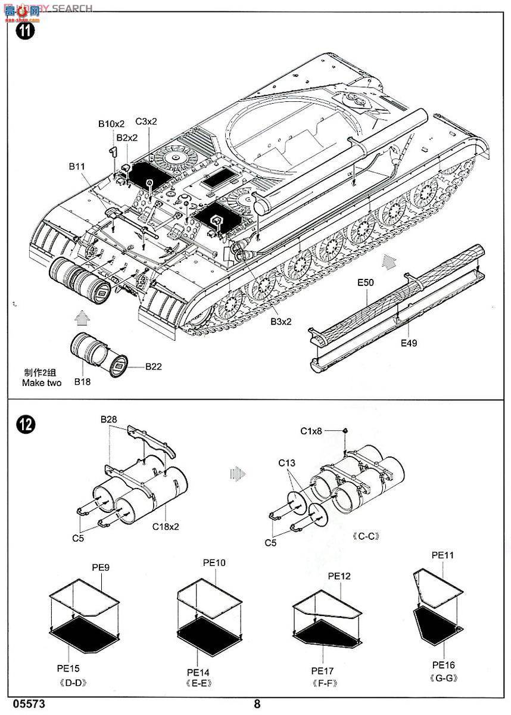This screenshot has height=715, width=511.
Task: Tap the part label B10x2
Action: pos(111,124)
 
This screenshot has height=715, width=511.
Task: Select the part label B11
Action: pos(77,166)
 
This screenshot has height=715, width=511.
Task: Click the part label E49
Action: pos(409,343)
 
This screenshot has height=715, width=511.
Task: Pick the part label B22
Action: pos(153,366)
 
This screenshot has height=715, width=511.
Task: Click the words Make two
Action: pos(42,383)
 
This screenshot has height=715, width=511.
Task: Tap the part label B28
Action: pos(109,420)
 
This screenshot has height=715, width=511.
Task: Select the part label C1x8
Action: pos(310,431)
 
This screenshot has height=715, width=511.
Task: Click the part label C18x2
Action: pos(166,526)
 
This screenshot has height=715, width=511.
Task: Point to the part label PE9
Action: pos(101,568)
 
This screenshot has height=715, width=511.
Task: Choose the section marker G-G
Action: pos(443,678)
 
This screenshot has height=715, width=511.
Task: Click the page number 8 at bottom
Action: pos(257,704)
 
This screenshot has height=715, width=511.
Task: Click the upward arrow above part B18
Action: pos(81,316)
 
